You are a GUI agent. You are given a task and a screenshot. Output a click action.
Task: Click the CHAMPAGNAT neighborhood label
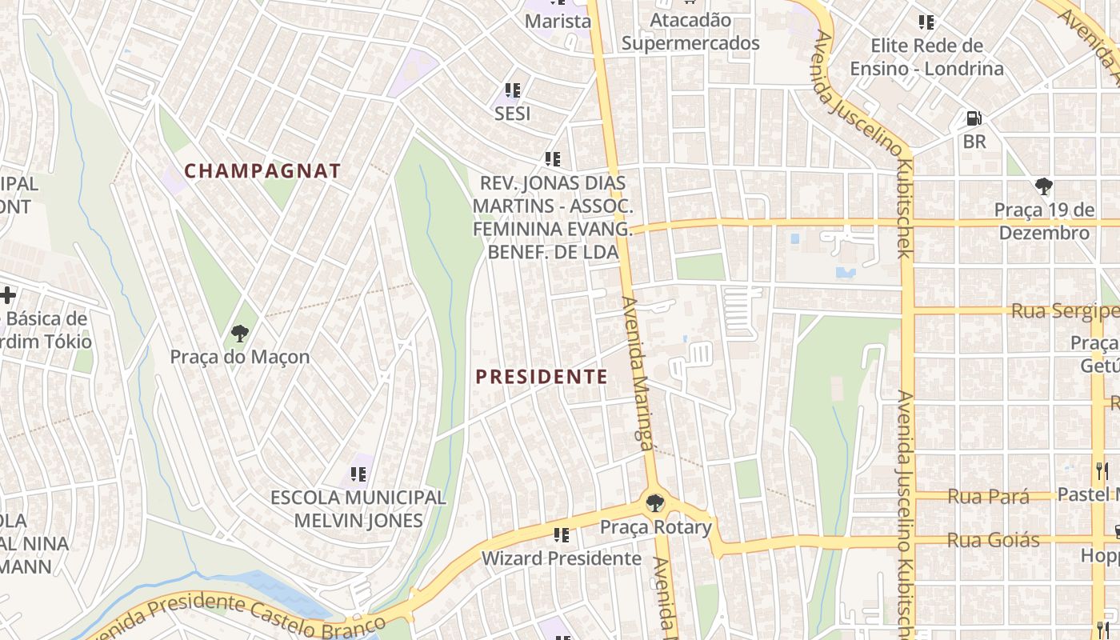tap(262, 170)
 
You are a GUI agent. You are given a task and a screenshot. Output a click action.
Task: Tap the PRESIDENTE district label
tap(542, 377)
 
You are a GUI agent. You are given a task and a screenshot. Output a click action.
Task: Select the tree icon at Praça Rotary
tap(654, 503)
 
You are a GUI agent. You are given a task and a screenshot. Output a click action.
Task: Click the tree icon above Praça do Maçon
tap(239, 333)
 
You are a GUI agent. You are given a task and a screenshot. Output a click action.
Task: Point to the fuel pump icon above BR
tap(974, 118)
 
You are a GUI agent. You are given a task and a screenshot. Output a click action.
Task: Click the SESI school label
tap(512, 114)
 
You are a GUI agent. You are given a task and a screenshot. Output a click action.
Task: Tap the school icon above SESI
tap(512, 90)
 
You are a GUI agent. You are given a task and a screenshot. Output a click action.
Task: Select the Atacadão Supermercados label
tap(690, 31)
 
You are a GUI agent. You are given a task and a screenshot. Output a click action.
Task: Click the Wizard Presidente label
tap(561, 558)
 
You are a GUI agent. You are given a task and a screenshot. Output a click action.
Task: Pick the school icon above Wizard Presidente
tap(561, 534)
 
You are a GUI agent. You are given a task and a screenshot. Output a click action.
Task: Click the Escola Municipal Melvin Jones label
tap(358, 509)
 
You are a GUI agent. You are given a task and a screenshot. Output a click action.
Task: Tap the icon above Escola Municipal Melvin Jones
tap(358, 474)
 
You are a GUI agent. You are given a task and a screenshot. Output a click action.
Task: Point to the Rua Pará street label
tap(988, 497)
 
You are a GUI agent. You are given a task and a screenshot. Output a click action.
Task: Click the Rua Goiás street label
tap(993, 541)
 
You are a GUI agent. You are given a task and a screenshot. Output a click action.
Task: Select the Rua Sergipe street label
tap(1064, 311)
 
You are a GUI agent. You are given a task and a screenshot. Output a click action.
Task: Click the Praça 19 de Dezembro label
tap(1044, 222)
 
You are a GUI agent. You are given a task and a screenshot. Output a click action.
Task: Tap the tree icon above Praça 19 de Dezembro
tap(1043, 186)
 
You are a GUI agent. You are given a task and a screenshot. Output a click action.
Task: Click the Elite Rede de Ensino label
tap(926, 57)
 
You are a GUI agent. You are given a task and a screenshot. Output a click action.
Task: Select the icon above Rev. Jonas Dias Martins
tap(552, 158)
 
